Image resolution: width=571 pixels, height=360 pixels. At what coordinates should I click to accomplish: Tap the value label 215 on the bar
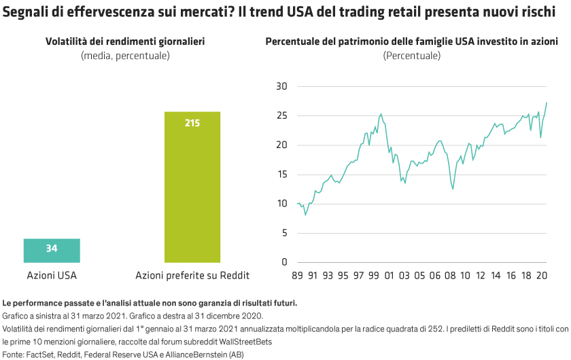point(192,123)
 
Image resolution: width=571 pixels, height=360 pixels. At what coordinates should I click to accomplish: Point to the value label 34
point(52,249)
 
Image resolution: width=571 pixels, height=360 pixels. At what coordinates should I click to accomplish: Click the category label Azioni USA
point(52,276)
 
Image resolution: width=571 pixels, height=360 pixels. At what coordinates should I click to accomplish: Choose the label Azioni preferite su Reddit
point(192,276)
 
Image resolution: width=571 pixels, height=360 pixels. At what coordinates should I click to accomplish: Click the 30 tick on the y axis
point(282,86)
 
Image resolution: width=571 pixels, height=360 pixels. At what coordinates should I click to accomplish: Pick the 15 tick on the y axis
point(282,175)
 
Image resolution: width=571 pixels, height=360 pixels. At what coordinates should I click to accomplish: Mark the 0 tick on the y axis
point(285,262)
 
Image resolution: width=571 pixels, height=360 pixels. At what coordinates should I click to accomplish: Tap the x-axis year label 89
point(297,276)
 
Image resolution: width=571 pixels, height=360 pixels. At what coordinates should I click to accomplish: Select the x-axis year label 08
point(449,276)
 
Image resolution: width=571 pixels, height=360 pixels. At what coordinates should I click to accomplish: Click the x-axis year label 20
point(543,276)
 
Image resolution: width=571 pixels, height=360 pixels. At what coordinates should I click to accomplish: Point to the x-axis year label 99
point(373,276)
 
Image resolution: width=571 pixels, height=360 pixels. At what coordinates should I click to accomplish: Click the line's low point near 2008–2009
point(453,188)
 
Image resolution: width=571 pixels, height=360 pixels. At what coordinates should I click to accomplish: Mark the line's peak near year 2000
point(381,113)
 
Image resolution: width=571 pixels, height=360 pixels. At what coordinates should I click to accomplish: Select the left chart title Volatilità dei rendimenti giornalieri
point(125,42)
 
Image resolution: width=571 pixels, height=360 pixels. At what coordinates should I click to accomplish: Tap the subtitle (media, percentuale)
point(125,55)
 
